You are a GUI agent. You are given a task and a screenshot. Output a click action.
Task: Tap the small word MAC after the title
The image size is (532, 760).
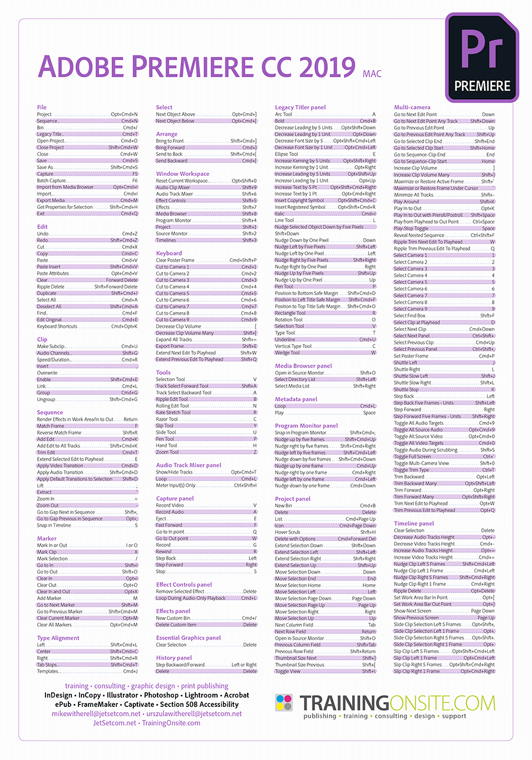pos(369,73)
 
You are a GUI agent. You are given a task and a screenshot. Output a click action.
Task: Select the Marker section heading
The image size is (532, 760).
pos(47,538)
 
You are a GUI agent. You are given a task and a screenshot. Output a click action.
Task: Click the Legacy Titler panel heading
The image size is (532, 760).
pos(300,107)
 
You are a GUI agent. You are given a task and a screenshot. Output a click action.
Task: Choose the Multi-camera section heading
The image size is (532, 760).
pos(412,107)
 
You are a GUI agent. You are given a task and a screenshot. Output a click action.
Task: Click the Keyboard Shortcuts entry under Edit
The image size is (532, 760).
pos(57,326)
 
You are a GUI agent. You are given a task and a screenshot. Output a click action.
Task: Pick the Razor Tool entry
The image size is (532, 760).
pos(167,419)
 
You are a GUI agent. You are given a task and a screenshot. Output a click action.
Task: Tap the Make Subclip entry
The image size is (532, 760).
pos(51,346)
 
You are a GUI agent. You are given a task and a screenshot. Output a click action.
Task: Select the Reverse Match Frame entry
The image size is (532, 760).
pos(59,433)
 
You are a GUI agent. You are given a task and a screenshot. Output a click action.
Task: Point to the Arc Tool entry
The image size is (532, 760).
pos(284,114)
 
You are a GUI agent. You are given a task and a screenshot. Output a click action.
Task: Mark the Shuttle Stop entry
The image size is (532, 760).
pos(406,389)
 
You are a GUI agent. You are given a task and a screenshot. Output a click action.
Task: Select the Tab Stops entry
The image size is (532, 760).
pos(48,664)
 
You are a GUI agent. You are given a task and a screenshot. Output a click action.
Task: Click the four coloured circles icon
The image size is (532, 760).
pos(284,703)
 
